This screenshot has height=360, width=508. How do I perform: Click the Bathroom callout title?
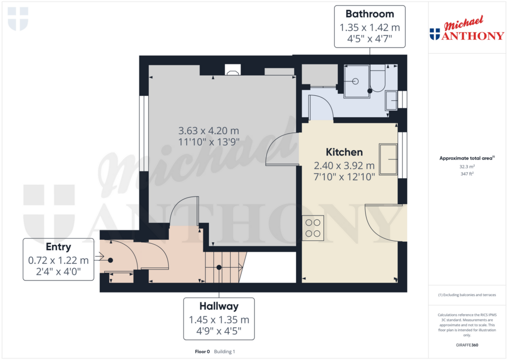tap(370, 14)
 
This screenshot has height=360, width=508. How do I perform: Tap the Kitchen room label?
tap(344, 152)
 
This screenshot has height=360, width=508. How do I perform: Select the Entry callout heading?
tap(59, 247)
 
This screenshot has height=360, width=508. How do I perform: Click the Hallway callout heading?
tap(219, 306)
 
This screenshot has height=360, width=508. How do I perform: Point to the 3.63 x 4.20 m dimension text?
tap(208, 131)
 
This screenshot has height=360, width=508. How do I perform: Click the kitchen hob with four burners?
tap(313, 228)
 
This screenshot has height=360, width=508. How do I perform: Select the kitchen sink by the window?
tap(388, 159)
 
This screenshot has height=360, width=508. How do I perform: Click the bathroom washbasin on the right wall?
tap(391, 101)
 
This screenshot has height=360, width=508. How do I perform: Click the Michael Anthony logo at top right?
tap(466, 31)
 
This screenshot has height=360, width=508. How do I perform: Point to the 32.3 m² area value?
tap(466, 167)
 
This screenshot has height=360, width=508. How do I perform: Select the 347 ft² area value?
tap(466, 175)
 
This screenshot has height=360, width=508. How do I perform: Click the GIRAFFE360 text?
tap(467, 345)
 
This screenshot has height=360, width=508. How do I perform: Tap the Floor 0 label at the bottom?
tap(203, 352)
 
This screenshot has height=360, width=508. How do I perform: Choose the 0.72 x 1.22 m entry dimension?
tap(59, 260)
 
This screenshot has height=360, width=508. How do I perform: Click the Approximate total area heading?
tap(466, 158)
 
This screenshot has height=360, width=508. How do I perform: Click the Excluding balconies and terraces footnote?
tap(466, 295)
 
